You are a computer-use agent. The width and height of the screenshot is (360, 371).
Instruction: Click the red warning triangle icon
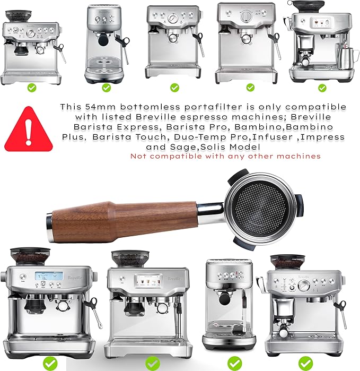[x=33, y=129]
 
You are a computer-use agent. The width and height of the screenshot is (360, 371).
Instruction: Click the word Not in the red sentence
[x=139, y=156]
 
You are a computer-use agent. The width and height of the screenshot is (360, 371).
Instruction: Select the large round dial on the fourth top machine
[x=244, y=16]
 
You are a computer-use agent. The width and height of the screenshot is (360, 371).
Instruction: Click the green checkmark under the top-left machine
[x=33, y=88]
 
